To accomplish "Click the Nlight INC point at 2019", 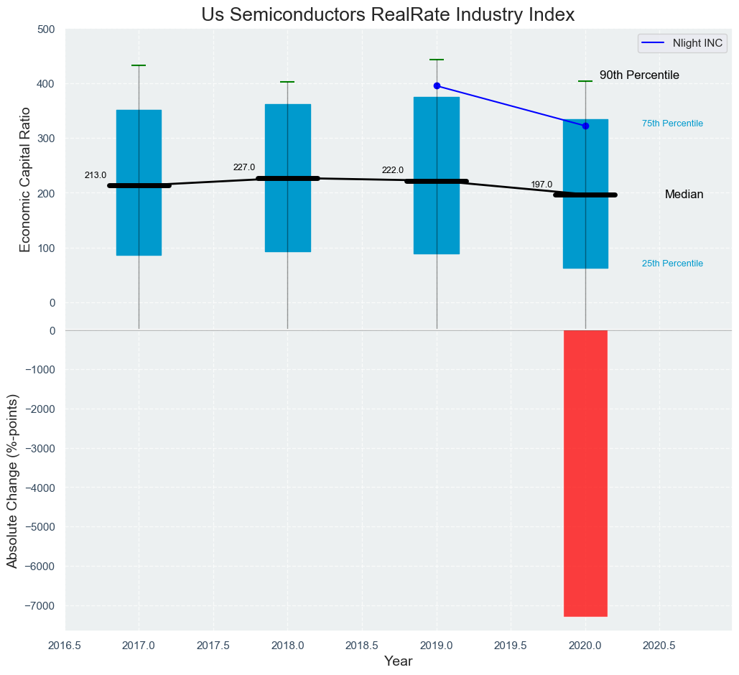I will click(x=437, y=86).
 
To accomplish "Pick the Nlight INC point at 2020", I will click(x=585, y=126).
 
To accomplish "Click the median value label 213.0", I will click(x=96, y=175).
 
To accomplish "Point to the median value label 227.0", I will click(x=244, y=167).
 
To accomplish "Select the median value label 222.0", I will click(x=393, y=170).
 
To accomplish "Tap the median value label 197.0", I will click(x=542, y=185).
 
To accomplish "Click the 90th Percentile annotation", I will click(x=639, y=75).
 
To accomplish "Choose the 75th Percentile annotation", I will click(x=672, y=124).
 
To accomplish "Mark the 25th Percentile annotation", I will click(x=672, y=264).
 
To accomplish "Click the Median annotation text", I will click(x=684, y=195).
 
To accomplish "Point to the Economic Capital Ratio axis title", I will click(x=26, y=179).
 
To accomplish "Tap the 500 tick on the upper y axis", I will click(x=46, y=29).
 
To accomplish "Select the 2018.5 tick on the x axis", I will click(x=362, y=646).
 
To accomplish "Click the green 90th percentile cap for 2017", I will click(x=139, y=65).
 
